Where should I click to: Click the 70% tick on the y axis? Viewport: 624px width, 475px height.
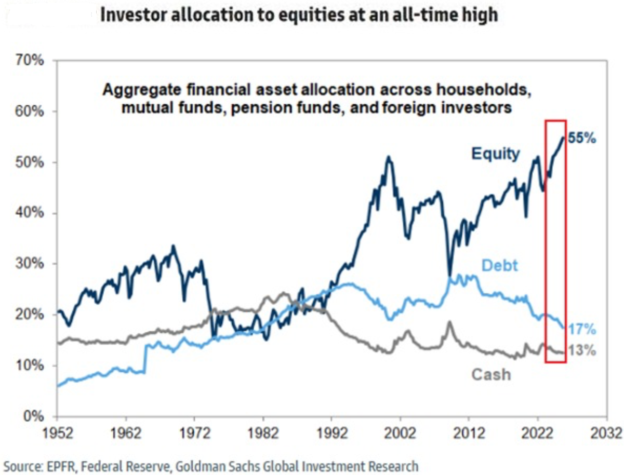(31, 61)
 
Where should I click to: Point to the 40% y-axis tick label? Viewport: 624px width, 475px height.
(31, 213)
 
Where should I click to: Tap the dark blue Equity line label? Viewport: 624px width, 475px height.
(495, 154)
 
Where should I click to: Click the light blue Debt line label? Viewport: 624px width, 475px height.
(500, 265)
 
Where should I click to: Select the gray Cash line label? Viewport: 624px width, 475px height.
(491, 374)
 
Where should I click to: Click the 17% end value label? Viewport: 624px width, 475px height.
(582, 331)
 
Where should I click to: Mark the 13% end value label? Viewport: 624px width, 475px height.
(582, 351)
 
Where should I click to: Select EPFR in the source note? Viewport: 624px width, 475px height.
(58, 465)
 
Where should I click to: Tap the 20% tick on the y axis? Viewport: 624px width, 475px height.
(31, 315)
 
